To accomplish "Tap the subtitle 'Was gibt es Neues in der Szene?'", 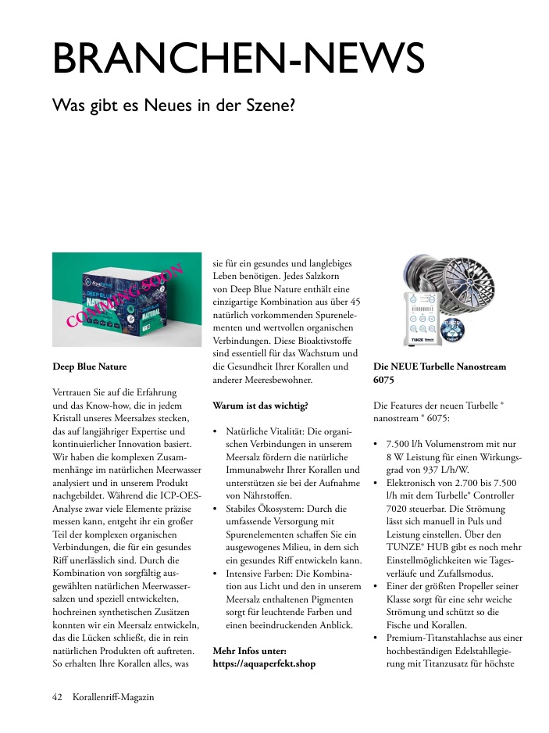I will coord(173,104).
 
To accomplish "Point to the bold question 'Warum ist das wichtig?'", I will coord(260,406).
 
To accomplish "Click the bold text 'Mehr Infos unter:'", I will coord(250,649).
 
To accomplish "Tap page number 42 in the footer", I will coord(57,697).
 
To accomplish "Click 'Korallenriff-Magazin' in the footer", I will coord(113,697).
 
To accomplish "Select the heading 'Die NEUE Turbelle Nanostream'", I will coord(440,366).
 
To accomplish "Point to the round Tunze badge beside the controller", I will coord(455,329).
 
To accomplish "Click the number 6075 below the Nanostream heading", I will coord(384,380).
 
